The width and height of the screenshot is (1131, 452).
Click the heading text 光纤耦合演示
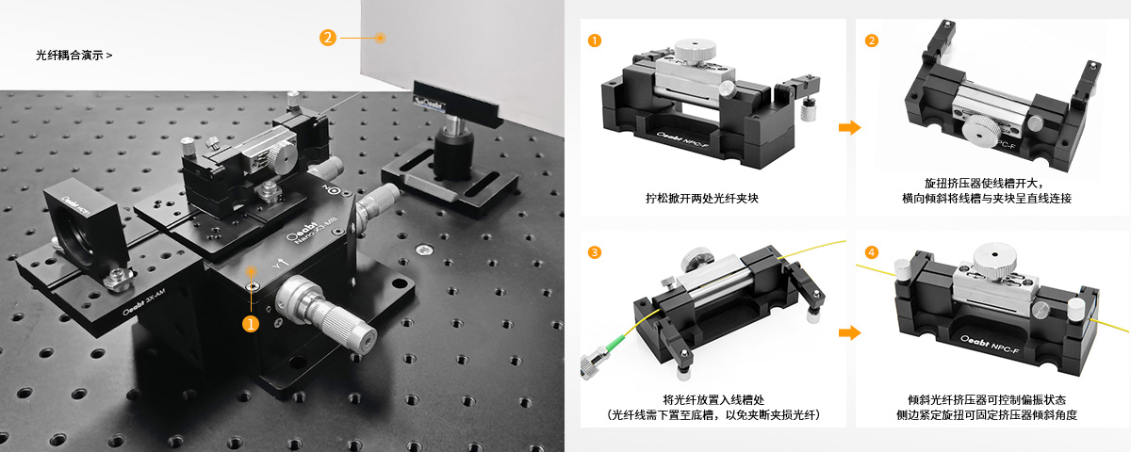tap(69, 56)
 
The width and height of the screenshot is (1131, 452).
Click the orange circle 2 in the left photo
tap(328, 38)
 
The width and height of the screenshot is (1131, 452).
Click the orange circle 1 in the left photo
tap(251, 324)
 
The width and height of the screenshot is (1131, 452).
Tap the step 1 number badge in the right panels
tap(595, 40)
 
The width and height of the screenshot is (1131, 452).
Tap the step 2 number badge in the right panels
tap(872, 40)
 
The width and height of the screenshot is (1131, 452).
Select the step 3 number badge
tap(595, 252)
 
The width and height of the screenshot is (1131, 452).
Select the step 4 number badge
tap(872, 252)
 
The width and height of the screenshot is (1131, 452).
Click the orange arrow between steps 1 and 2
tap(850, 127)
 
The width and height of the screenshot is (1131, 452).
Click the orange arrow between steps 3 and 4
tap(850, 332)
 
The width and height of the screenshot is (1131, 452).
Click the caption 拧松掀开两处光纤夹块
tap(702, 199)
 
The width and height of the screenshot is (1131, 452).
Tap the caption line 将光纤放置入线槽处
tap(713, 400)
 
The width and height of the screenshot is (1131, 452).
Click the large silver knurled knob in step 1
tap(696, 50)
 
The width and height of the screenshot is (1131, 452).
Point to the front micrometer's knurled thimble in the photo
tap(342, 324)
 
